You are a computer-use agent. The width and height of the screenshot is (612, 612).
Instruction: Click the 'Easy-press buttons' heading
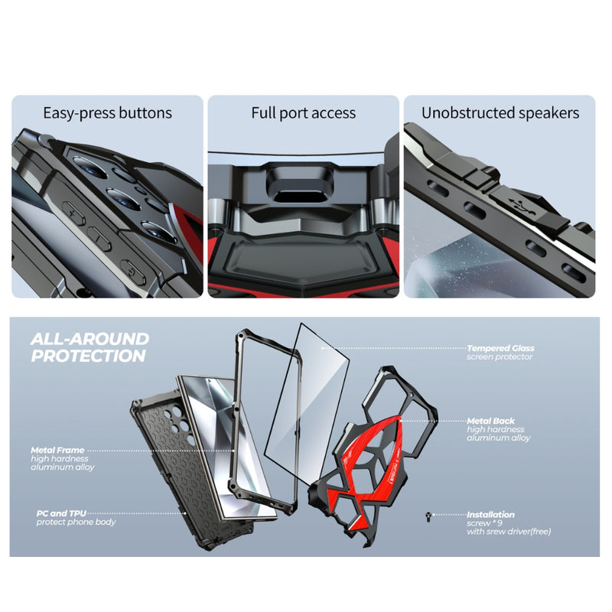click(107, 113)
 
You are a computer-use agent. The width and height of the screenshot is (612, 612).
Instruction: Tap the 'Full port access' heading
click(303, 113)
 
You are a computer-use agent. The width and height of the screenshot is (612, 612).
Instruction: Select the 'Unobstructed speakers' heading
click(500, 113)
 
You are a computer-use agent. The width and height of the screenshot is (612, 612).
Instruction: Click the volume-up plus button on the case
click(73, 213)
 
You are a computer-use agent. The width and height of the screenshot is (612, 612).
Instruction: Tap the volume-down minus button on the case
click(99, 238)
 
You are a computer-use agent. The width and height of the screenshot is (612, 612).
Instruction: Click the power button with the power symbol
click(133, 272)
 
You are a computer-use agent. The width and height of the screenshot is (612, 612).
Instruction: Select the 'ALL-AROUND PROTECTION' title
click(90, 347)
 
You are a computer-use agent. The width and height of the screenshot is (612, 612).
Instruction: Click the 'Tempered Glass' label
click(500, 348)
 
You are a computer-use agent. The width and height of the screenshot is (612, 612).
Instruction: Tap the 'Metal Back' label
click(490, 422)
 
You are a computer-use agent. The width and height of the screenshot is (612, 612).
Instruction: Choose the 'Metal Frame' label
click(57, 450)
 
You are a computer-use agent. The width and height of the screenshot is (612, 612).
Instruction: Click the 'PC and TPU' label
click(61, 513)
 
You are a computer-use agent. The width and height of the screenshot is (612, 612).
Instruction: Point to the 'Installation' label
click(490, 514)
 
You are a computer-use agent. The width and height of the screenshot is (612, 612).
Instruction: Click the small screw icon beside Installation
click(428, 518)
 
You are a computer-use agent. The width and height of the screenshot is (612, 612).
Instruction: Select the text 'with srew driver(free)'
click(509, 532)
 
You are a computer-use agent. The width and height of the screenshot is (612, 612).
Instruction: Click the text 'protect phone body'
click(76, 522)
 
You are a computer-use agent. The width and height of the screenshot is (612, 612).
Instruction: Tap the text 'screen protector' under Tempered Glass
click(500, 356)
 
